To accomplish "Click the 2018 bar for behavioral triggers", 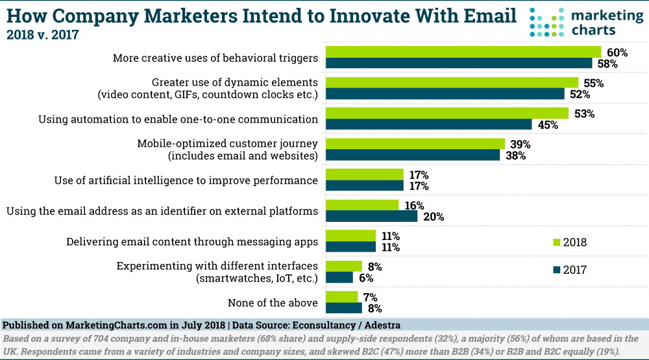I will click(x=463, y=52).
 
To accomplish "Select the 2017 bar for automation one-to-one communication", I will click(x=428, y=125).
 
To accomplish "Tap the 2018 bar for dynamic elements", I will click(x=452, y=82).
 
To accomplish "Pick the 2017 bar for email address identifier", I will click(x=371, y=216).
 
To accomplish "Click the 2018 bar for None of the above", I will click(x=341, y=296).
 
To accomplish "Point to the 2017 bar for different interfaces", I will click(x=339, y=278).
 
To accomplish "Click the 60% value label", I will click(x=613, y=52).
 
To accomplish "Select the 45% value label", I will click(x=548, y=125).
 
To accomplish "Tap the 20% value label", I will click(x=433, y=217).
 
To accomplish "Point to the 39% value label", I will click(x=520, y=144).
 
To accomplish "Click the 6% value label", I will click(x=367, y=278).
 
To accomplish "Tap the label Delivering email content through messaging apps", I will click(x=192, y=242).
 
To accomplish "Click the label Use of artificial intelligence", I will click(x=186, y=180).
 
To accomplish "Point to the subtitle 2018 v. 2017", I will click(x=42, y=34).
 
